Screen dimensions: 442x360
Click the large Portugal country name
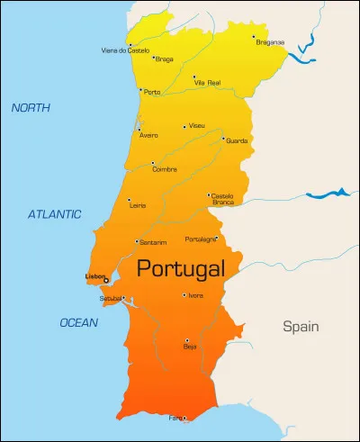180,269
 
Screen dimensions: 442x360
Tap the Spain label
301,326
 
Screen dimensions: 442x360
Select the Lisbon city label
94,275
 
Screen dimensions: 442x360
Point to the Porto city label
153,92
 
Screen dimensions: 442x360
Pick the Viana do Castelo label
126,50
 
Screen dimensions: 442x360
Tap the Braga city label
165,60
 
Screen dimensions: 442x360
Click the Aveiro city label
148,136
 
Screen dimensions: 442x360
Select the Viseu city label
197,126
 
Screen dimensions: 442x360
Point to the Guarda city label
237,140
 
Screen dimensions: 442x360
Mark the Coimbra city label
165,168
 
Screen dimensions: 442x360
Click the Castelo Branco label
223,198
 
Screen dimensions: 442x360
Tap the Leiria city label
139,205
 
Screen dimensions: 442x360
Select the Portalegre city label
200,239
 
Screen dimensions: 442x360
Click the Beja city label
190,346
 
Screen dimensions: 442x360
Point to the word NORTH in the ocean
31,108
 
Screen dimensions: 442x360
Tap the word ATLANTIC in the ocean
54,214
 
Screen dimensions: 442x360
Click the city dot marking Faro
185,417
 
